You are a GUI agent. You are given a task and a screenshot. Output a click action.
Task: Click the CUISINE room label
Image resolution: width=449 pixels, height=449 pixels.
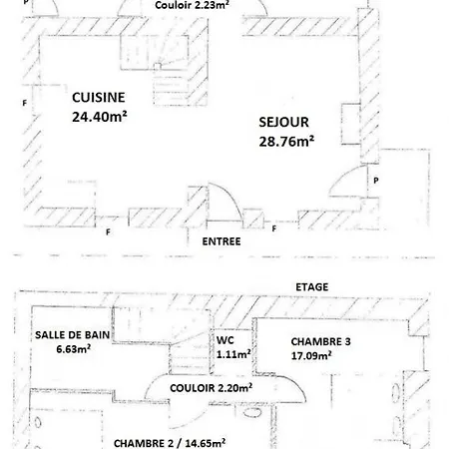[99, 98]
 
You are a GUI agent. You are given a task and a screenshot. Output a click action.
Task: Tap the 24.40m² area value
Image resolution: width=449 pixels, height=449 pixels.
[100, 117]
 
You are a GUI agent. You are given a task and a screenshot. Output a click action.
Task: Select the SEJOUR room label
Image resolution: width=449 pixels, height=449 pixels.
[283, 122]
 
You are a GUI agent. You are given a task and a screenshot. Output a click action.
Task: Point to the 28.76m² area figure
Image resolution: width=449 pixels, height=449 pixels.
[286, 141]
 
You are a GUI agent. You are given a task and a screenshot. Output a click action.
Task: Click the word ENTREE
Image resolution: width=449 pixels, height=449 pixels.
[222, 241]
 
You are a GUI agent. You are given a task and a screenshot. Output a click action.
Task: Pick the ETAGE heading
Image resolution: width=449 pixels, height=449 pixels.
[312, 287]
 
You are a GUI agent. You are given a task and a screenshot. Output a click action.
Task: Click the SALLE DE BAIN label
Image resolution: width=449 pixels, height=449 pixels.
[72, 335]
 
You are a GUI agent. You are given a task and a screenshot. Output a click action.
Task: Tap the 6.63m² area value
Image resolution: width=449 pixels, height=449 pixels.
[74, 349]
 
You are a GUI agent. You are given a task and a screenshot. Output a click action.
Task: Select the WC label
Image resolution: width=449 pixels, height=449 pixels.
[225, 340]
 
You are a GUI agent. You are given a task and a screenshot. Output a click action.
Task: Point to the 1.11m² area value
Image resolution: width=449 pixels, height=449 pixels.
[233, 354]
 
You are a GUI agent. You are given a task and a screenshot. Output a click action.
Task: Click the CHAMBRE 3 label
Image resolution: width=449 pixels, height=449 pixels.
[320, 342]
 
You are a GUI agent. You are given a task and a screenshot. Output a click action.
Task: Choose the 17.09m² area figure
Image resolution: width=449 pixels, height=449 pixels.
[311, 355]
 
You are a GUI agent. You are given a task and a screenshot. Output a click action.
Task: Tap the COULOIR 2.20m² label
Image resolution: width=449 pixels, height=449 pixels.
[211, 388]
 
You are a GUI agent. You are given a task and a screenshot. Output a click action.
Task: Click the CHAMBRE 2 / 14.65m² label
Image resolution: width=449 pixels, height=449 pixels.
[170, 443]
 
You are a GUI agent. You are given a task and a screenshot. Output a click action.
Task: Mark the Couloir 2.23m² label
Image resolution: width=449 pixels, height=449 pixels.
[192, 5]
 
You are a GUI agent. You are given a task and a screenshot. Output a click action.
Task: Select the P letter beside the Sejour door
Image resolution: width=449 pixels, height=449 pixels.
[376, 181]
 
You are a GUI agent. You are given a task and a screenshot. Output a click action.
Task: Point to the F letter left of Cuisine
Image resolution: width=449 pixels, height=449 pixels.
[24, 103]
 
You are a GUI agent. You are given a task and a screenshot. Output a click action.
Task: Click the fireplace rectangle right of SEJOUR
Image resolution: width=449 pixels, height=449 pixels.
[351, 124]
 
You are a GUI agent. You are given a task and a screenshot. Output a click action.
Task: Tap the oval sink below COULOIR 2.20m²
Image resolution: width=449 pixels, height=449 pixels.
[252, 412]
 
